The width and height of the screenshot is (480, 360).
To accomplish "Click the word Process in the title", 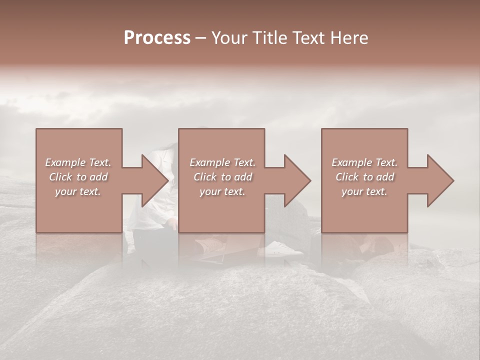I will click(x=157, y=38).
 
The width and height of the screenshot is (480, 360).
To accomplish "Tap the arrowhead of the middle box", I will click(x=297, y=180).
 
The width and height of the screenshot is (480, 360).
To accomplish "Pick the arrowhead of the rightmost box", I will click(x=440, y=180).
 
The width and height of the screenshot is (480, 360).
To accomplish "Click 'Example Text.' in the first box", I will click(x=78, y=162).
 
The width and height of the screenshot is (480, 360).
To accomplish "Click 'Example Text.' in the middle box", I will click(x=222, y=162).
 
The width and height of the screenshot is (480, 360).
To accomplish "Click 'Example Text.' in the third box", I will click(x=364, y=162).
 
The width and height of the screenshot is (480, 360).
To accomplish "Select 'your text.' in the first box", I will click(x=78, y=191).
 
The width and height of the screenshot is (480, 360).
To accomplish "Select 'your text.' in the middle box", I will click(x=222, y=191).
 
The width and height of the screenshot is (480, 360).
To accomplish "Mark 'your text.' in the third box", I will click(x=364, y=191).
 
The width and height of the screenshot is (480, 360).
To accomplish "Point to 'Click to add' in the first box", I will click(x=78, y=177).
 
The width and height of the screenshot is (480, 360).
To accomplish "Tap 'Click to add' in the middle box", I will click(x=222, y=177).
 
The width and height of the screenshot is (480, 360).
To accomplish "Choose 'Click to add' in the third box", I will click(x=364, y=177).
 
